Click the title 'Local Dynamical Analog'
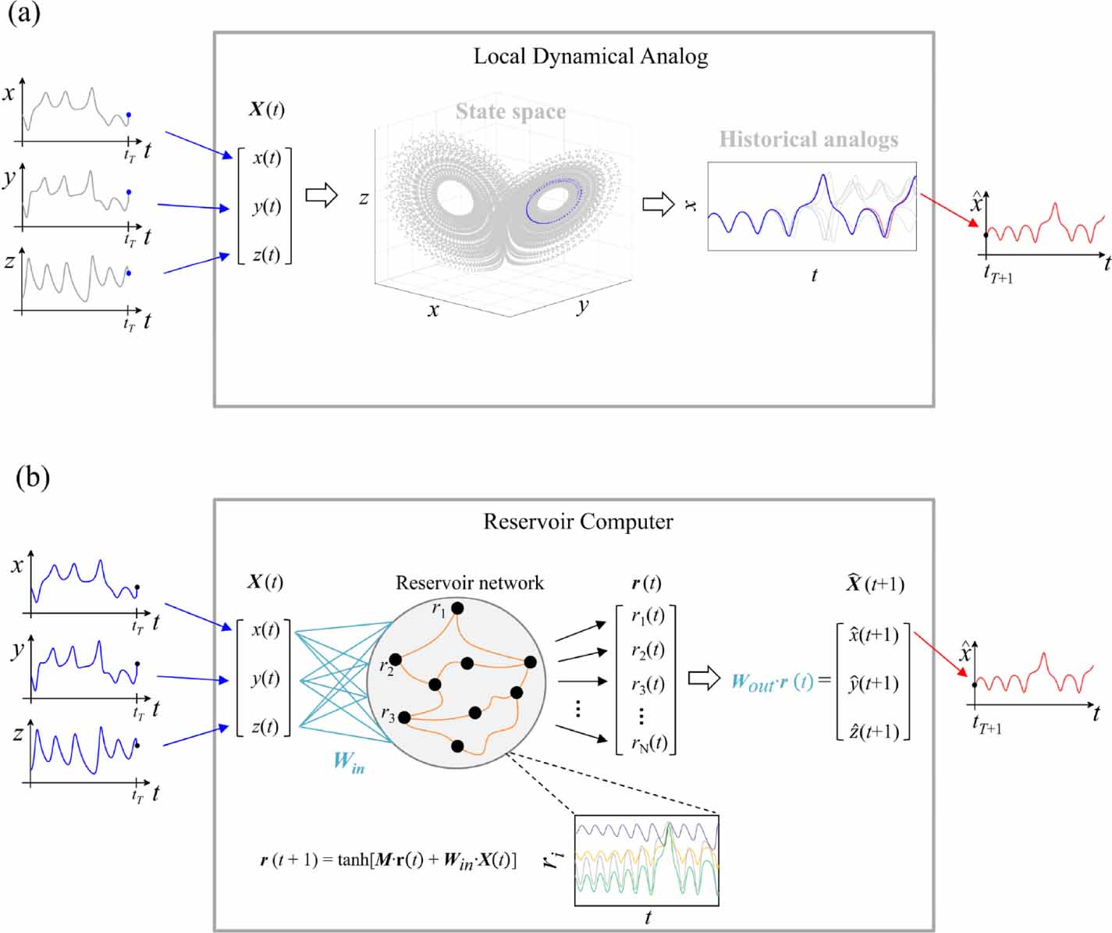[x=591, y=56]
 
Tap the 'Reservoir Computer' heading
[x=577, y=522]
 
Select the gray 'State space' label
[x=510, y=112]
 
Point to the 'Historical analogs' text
[x=808, y=139]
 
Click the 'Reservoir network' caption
[x=469, y=582]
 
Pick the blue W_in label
[x=348, y=761]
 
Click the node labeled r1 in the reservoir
[x=458, y=607]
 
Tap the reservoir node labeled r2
[x=396, y=661]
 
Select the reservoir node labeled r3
[x=404, y=717]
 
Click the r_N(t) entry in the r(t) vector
[x=648, y=742]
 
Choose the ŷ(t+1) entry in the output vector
[x=873, y=683]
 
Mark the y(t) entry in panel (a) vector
[x=266, y=206]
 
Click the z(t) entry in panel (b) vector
[x=265, y=726]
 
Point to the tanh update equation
[x=388, y=860]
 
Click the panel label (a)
[x=23, y=13]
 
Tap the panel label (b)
[x=33, y=476]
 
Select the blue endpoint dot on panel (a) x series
[x=129, y=115]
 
